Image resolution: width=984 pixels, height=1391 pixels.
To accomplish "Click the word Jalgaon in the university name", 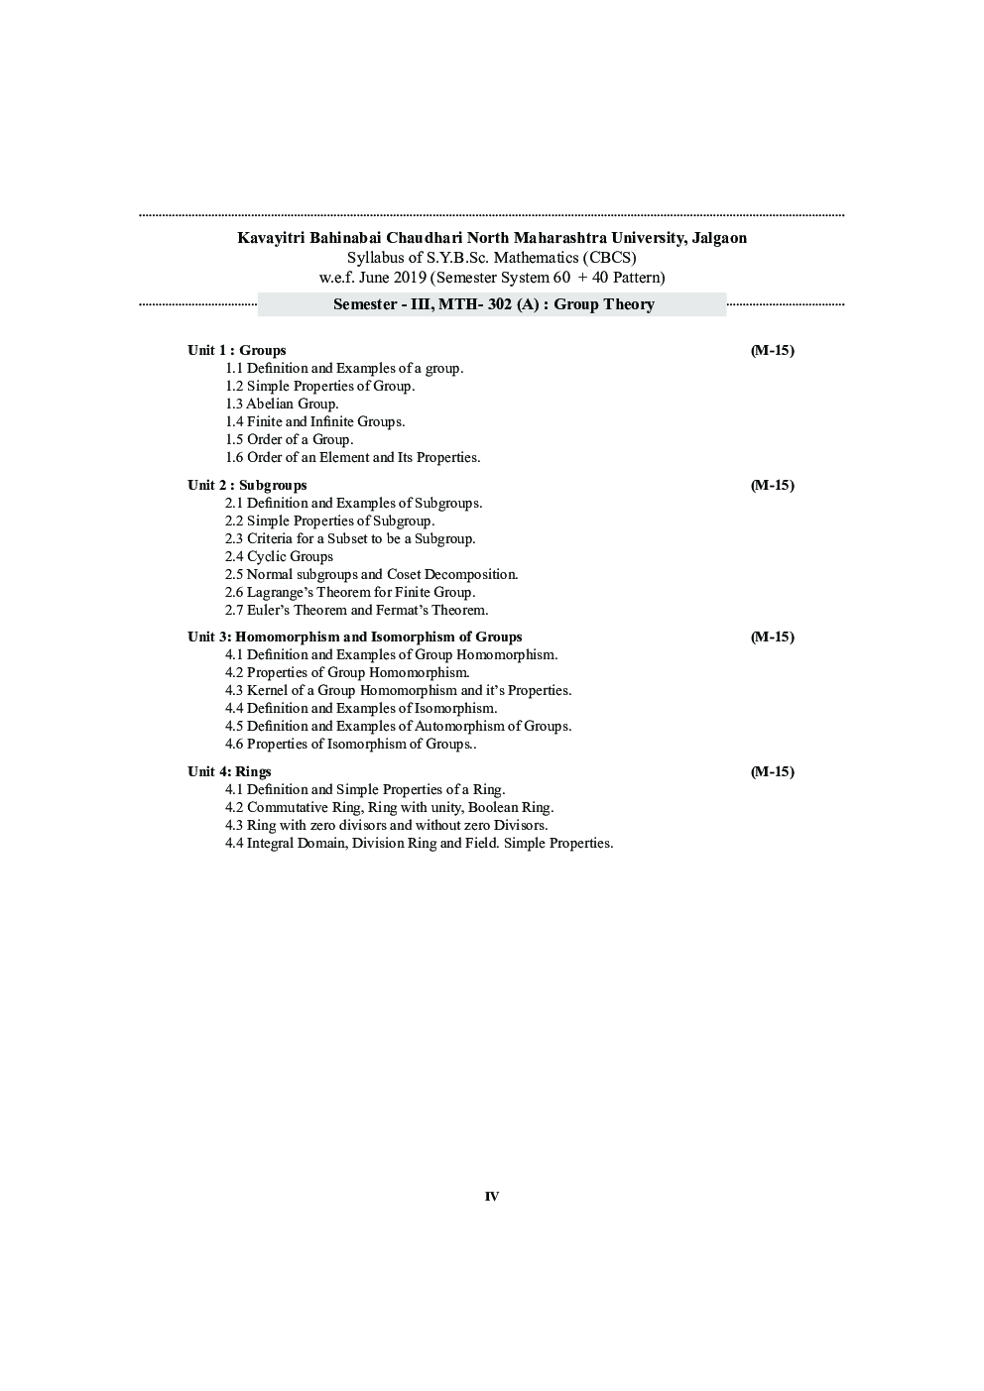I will [716, 238].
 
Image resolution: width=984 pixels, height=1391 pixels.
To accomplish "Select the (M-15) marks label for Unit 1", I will [773, 350].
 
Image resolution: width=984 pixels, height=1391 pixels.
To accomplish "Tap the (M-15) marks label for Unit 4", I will [773, 771].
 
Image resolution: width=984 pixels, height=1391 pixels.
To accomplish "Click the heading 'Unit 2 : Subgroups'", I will [247, 485].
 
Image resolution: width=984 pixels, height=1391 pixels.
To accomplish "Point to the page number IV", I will [492, 1197].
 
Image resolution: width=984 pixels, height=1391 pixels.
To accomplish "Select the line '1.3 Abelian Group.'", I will [282, 404].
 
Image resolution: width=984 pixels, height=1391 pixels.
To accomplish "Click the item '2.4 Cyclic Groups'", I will [279, 556].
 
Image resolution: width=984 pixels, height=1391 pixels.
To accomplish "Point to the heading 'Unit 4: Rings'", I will [229, 771].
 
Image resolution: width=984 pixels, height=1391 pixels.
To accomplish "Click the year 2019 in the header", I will [410, 277].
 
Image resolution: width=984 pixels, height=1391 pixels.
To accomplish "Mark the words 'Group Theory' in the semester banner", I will [604, 304].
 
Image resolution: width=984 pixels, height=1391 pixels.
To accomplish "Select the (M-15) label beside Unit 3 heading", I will [773, 637].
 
